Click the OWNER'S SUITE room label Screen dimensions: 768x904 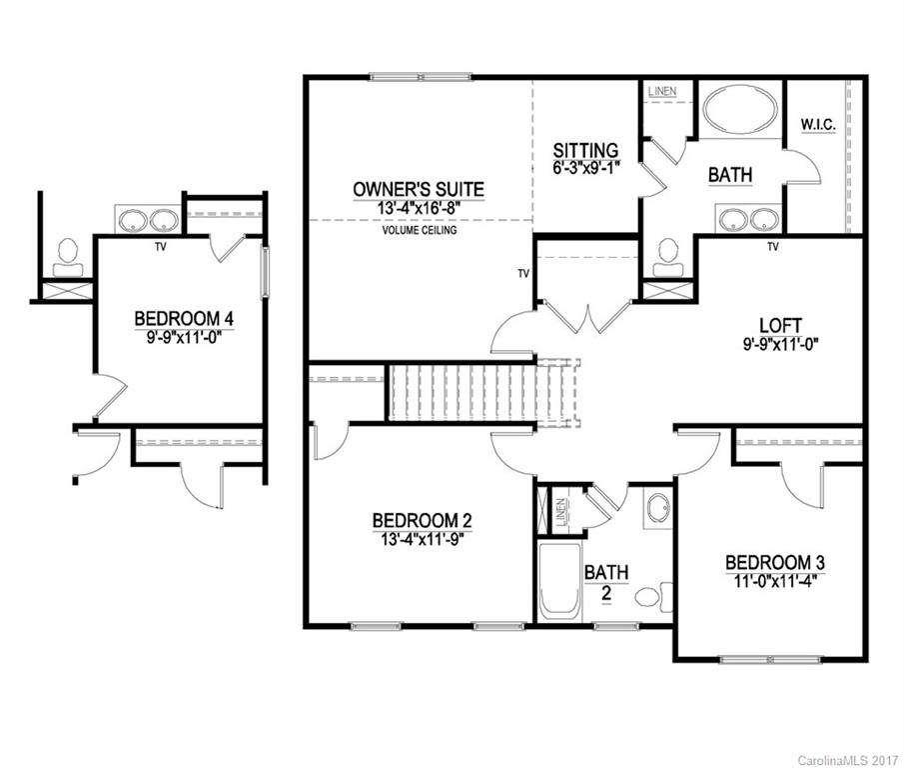pos(419,188)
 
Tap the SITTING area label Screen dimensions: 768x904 pos(587,150)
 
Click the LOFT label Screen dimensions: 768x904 pos(775,324)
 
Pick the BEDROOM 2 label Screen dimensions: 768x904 pos(421,520)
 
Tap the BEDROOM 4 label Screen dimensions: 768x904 pos(184,319)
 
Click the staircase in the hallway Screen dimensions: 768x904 pos(462,393)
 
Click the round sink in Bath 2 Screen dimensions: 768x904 pos(655,508)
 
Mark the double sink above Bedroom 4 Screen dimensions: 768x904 pos(148,219)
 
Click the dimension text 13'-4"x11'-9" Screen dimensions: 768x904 pos(421,538)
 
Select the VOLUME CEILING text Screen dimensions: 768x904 pos(419,230)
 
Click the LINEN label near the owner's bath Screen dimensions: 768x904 pos(661,92)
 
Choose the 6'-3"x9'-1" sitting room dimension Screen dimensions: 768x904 pos(587,168)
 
